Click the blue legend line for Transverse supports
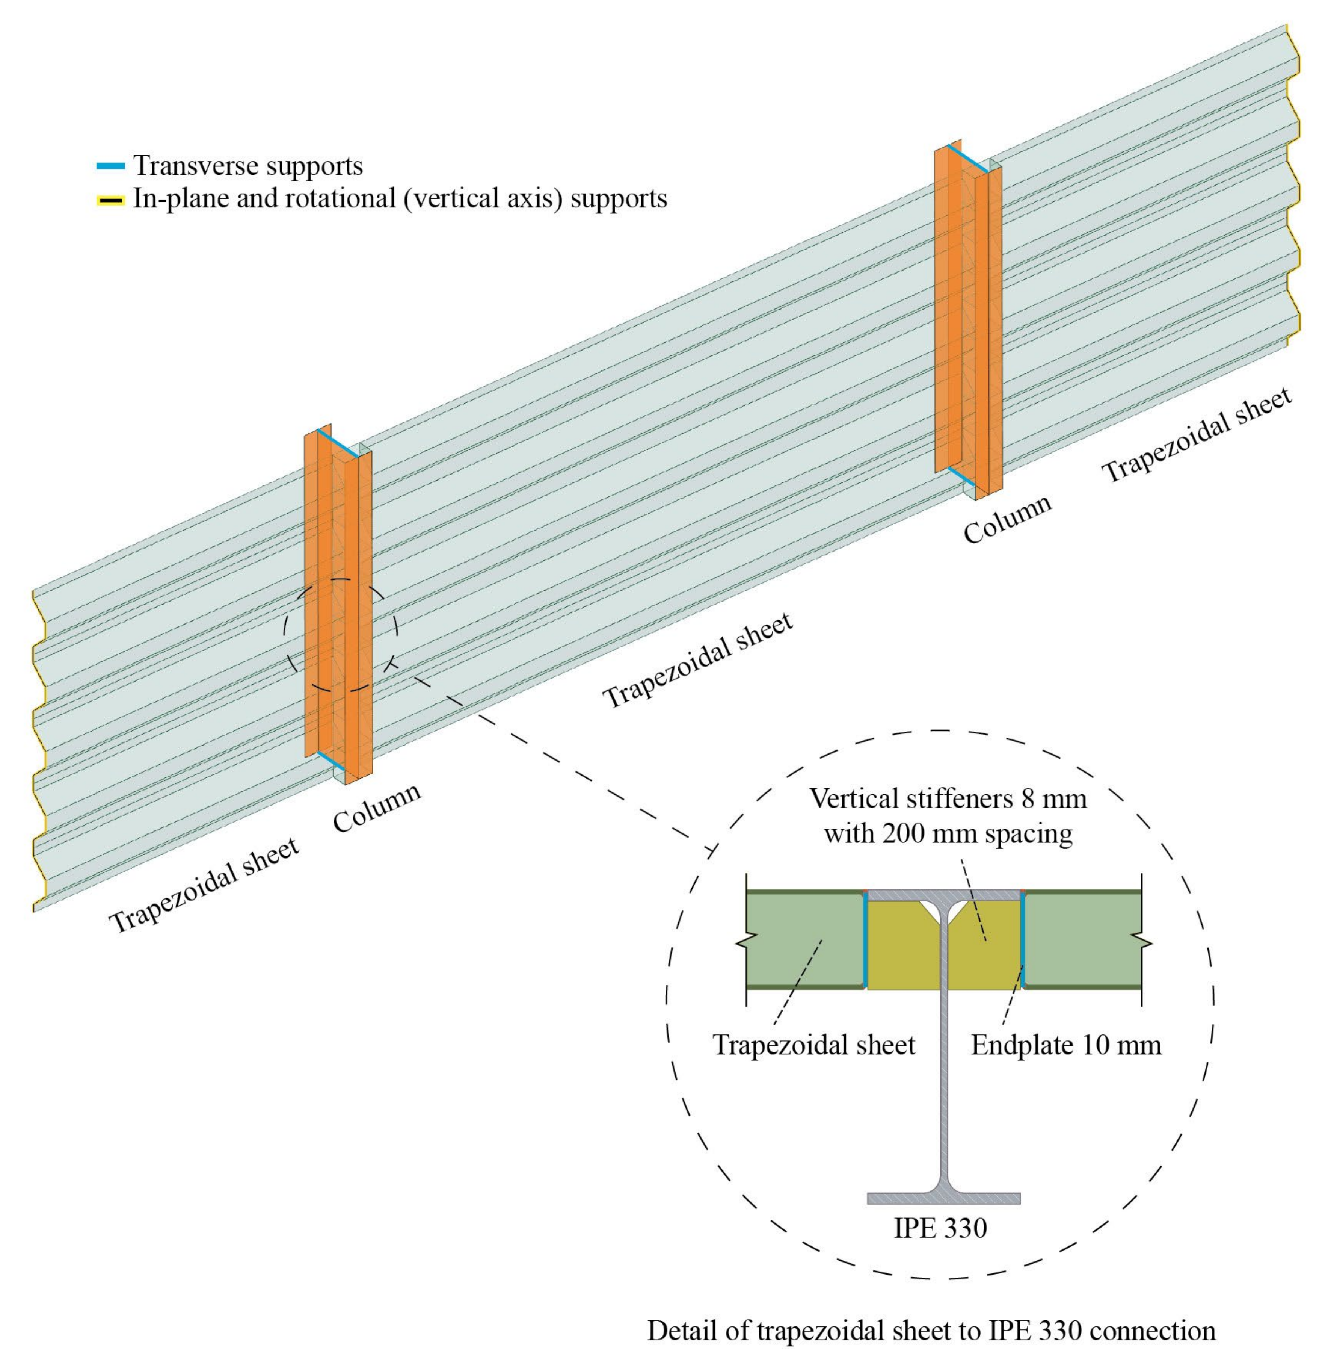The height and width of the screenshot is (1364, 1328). tap(110, 166)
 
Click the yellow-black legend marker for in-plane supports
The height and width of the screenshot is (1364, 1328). tap(110, 200)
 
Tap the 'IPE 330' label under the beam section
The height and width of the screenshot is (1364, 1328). tap(940, 1227)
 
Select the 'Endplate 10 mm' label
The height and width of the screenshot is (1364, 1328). tap(1066, 1045)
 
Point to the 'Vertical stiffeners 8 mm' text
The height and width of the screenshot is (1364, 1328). tap(947, 797)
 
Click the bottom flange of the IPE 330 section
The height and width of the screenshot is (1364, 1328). tap(943, 1198)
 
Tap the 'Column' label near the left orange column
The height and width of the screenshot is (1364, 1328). tap(377, 808)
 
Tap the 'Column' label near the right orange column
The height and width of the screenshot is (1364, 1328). tap(1007, 519)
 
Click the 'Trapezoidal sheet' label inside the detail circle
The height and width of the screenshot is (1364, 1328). tap(813, 1045)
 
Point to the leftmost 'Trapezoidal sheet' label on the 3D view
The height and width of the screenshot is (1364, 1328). tap(204, 885)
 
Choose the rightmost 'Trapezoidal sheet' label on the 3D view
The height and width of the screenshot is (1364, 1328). tap(1197, 436)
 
